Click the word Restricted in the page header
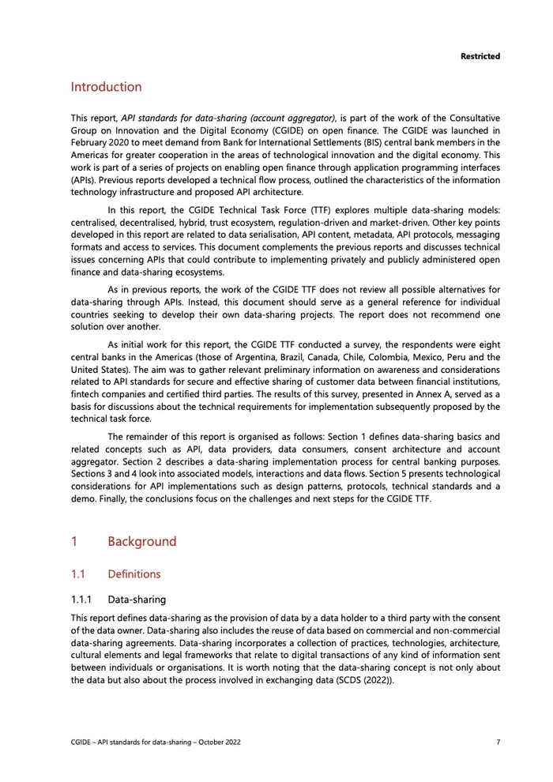(x=480, y=56)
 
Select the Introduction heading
(x=106, y=87)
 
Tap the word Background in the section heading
(x=141, y=542)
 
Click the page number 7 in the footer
(x=498, y=743)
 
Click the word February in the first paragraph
(x=92, y=143)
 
